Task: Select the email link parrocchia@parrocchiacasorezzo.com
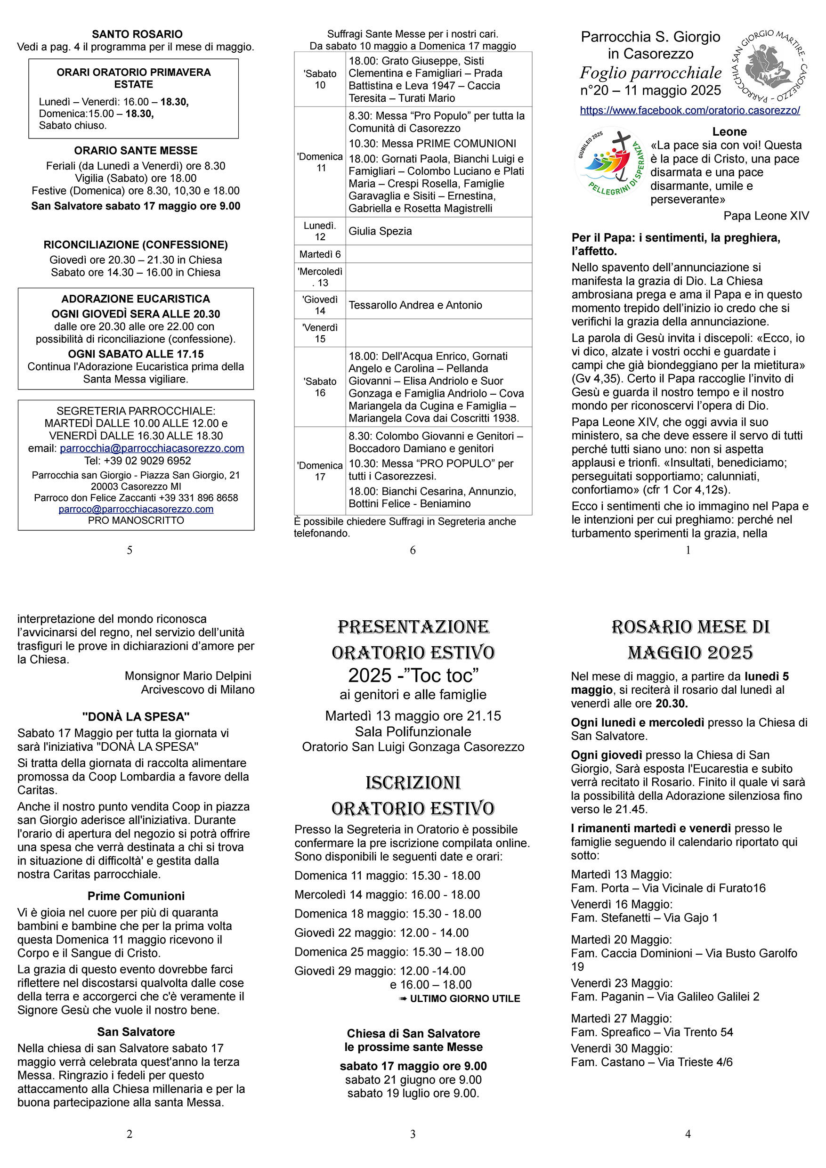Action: (152, 448)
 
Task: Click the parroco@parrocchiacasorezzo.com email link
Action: (136, 509)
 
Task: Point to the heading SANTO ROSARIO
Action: (137, 34)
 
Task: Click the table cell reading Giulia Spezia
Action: (380, 231)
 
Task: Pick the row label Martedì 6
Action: (320, 254)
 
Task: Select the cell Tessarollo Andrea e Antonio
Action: (415, 305)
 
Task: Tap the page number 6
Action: (413, 550)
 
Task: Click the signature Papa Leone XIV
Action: (765, 216)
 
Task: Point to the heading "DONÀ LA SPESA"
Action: (136, 716)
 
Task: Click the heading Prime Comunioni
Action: (136, 896)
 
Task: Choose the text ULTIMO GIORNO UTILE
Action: (464, 998)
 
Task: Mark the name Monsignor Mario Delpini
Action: (188, 676)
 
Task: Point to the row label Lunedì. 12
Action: (320, 231)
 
